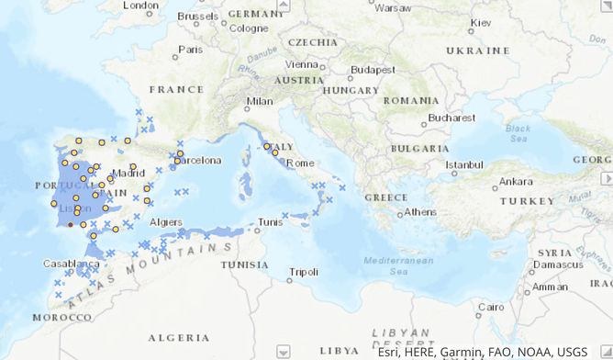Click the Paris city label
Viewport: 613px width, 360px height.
191,50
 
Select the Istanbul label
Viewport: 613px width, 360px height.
463,164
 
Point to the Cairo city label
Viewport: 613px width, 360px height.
491,307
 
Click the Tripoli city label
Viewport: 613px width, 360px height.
303,272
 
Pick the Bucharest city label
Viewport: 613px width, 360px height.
451,118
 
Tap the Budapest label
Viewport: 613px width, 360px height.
372,69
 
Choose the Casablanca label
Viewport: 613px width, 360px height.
71,263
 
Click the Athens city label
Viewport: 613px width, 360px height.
420,212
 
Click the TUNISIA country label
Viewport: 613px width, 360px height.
244,264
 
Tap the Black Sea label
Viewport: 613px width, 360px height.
518,132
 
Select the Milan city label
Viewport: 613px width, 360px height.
260,102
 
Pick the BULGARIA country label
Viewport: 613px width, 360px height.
418,148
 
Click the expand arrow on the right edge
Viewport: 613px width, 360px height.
606,180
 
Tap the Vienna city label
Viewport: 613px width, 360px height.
301,64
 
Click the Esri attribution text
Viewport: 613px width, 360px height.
482,352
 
